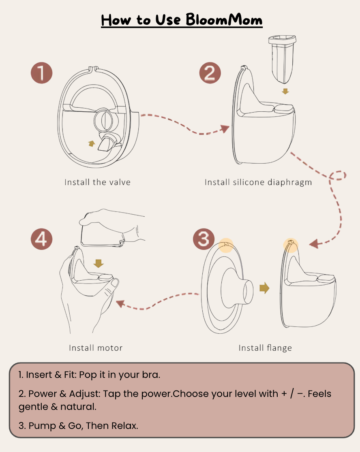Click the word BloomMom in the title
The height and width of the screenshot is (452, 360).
click(x=224, y=19)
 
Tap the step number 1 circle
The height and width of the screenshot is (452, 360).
click(x=42, y=73)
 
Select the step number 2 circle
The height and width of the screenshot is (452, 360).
click(x=210, y=73)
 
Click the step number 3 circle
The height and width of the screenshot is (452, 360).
click(x=203, y=239)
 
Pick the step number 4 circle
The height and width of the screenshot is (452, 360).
click(x=42, y=239)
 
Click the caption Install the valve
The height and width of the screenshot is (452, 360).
click(x=97, y=182)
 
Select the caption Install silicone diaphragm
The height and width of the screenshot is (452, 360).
click(x=258, y=182)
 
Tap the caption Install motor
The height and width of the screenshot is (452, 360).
click(x=96, y=348)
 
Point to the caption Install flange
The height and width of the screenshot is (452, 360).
click(x=265, y=348)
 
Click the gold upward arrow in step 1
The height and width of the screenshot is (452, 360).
click(x=92, y=143)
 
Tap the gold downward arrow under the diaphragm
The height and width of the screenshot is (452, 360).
click(x=285, y=91)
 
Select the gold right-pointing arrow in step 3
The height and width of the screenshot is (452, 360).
click(x=264, y=288)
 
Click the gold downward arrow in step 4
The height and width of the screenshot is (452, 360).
click(x=98, y=264)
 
